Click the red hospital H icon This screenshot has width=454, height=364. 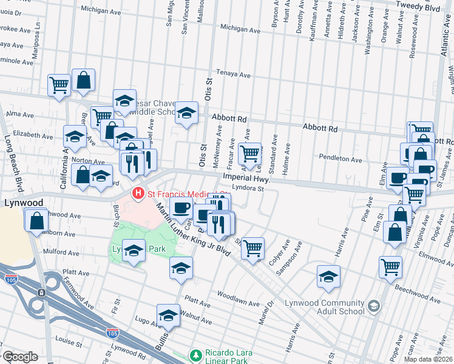coord(138,194)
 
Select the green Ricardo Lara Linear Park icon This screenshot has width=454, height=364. coord(195,354)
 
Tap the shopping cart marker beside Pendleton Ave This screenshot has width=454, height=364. coord(249,154)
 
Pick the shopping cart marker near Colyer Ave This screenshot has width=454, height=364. coord(252,248)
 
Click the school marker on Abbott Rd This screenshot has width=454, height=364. coord(187,113)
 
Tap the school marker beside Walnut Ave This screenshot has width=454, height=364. coord(169,315)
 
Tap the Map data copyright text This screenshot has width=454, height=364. coord(428,359)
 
